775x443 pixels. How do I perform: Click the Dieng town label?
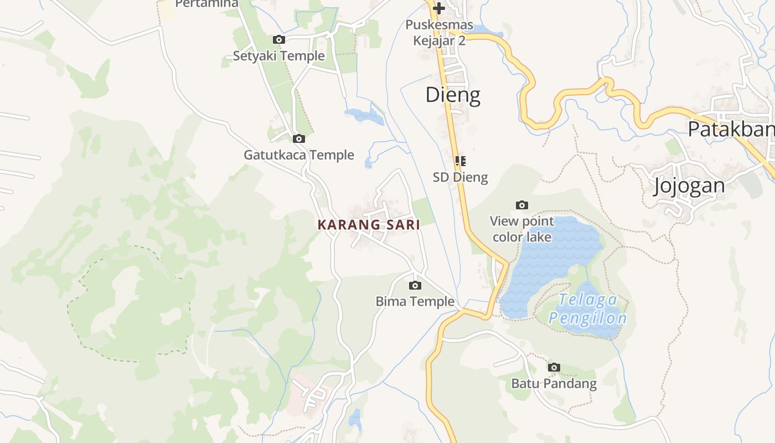click(x=452, y=95)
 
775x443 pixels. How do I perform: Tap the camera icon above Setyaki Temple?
click(x=279, y=39)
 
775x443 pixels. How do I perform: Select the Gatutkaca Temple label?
click(x=299, y=155)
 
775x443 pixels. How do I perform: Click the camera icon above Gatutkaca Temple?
click(x=299, y=138)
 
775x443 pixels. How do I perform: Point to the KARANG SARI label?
click(x=369, y=225)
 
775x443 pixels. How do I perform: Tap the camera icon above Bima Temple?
click(x=415, y=286)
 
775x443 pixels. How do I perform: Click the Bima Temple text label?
click(x=415, y=302)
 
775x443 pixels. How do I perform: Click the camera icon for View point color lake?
click(x=522, y=205)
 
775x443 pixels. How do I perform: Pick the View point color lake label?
click(x=522, y=229)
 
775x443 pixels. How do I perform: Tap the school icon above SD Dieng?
click(x=460, y=161)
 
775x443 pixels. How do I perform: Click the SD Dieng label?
click(x=460, y=177)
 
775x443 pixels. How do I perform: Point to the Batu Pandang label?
click(x=554, y=383)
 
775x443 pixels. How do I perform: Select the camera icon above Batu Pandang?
click(x=554, y=367)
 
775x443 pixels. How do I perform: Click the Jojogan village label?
click(x=689, y=186)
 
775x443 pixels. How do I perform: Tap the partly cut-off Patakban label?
click(x=731, y=129)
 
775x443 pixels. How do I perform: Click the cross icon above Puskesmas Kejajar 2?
click(x=439, y=8)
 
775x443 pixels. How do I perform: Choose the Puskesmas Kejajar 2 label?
click(x=439, y=33)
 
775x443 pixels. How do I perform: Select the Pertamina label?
click(x=206, y=4)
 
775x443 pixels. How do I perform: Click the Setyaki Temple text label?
click(x=278, y=56)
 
